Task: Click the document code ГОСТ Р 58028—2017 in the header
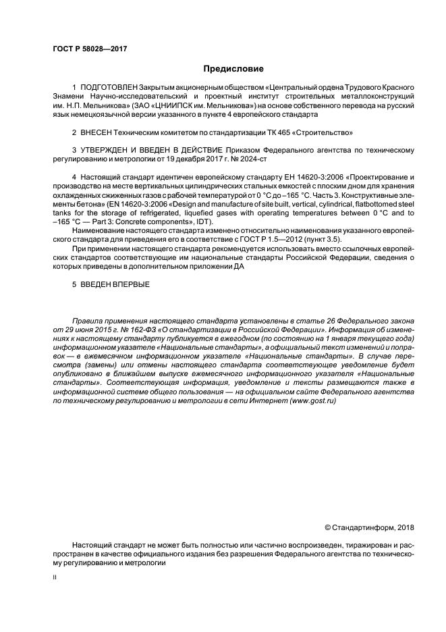pos(90,49)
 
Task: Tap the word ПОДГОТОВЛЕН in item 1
pos(109,88)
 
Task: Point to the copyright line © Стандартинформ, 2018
pos(370,527)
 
